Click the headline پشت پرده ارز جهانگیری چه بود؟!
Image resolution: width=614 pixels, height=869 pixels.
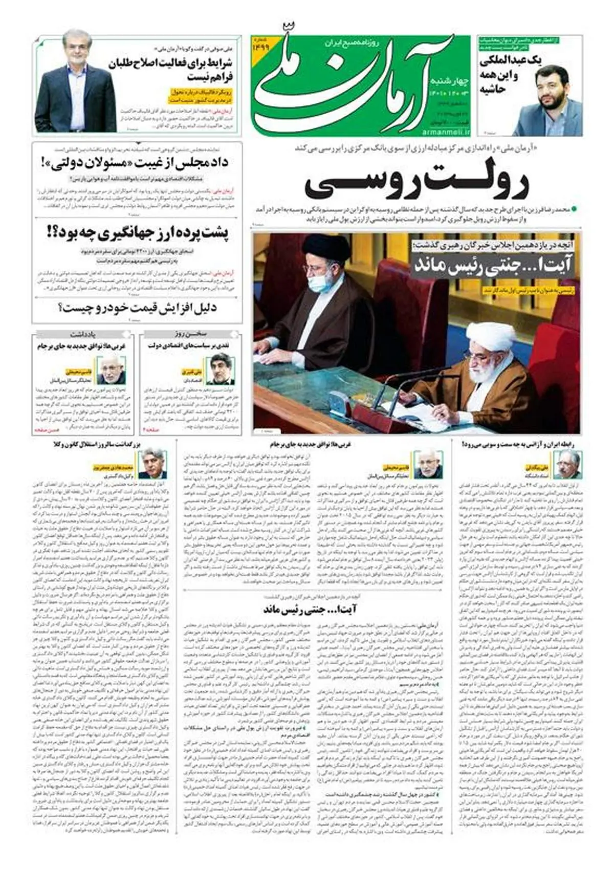click(137, 234)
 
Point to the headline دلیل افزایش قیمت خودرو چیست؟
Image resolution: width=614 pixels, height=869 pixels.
click(137, 309)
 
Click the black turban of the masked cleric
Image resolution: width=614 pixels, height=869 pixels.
click(326, 249)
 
